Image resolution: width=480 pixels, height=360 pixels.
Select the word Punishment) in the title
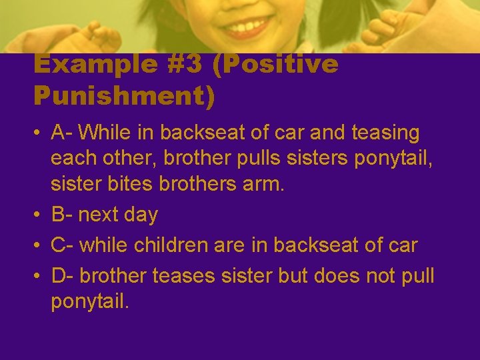click(125, 96)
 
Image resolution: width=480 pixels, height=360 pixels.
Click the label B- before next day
click(64, 215)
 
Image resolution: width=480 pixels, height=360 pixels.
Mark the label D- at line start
click(65, 275)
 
